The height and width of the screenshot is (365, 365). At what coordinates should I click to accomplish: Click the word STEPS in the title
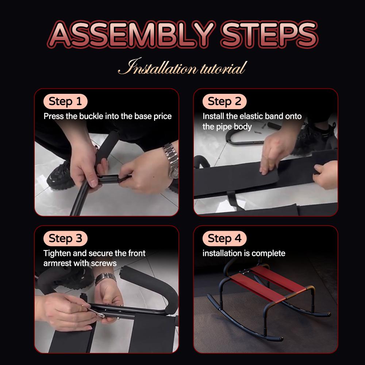pyautogui.click(x=269, y=34)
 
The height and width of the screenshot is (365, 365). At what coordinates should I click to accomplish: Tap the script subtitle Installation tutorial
pyautogui.click(x=182, y=67)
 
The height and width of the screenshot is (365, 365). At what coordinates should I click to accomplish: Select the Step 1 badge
pyautogui.click(x=65, y=101)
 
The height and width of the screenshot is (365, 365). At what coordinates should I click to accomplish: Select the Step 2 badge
pyautogui.click(x=224, y=101)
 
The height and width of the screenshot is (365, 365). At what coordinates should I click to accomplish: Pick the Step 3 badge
pyautogui.click(x=65, y=238)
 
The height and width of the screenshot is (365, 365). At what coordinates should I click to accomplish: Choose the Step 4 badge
pyautogui.click(x=224, y=238)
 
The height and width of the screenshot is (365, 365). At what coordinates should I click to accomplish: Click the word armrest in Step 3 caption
pyautogui.click(x=57, y=263)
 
